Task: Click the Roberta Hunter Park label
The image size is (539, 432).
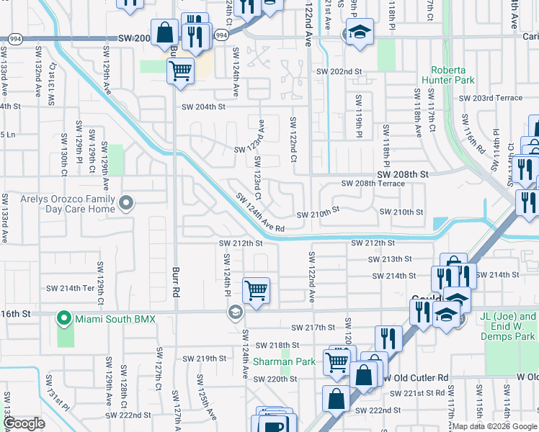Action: click(x=453, y=76)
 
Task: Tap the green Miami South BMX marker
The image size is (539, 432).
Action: click(x=64, y=318)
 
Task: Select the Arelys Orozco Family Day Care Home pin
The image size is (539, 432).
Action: click(x=127, y=204)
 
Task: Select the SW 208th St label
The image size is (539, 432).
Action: click(x=402, y=174)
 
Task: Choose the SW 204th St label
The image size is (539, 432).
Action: click(x=203, y=107)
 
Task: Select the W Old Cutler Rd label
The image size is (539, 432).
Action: click(x=418, y=377)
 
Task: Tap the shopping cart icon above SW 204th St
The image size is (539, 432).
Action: click(x=179, y=71)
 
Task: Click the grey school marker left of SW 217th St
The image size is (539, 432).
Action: click(x=234, y=312)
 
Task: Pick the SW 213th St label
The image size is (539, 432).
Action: click(x=389, y=259)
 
